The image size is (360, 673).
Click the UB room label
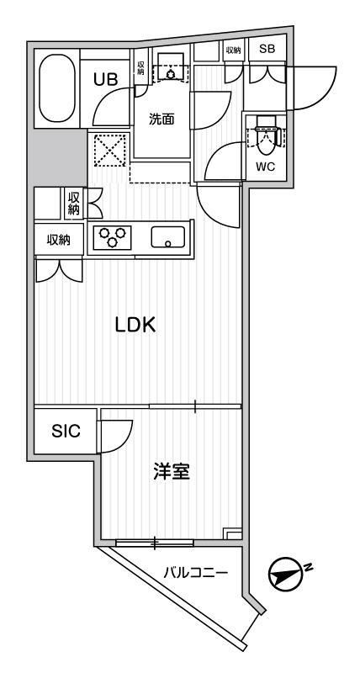click(105, 79)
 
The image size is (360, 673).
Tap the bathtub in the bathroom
click(57, 88)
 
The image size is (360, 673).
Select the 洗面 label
click(161, 119)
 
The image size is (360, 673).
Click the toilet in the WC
click(266, 137)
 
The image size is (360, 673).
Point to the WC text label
click(266, 167)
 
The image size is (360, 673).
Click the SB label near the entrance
click(267, 49)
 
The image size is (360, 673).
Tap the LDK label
click(135, 326)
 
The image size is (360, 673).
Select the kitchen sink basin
click(167, 237)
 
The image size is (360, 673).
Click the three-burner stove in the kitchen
click(113, 237)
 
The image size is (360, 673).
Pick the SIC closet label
click(66, 431)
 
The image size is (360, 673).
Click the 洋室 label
click(172, 473)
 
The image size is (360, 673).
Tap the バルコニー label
click(195, 572)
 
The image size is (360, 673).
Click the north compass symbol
click(284, 575)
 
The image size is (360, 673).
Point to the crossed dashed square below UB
click(110, 151)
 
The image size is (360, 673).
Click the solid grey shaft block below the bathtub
click(57, 157)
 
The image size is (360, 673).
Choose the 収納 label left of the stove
click(59, 240)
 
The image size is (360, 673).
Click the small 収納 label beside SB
click(233, 50)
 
